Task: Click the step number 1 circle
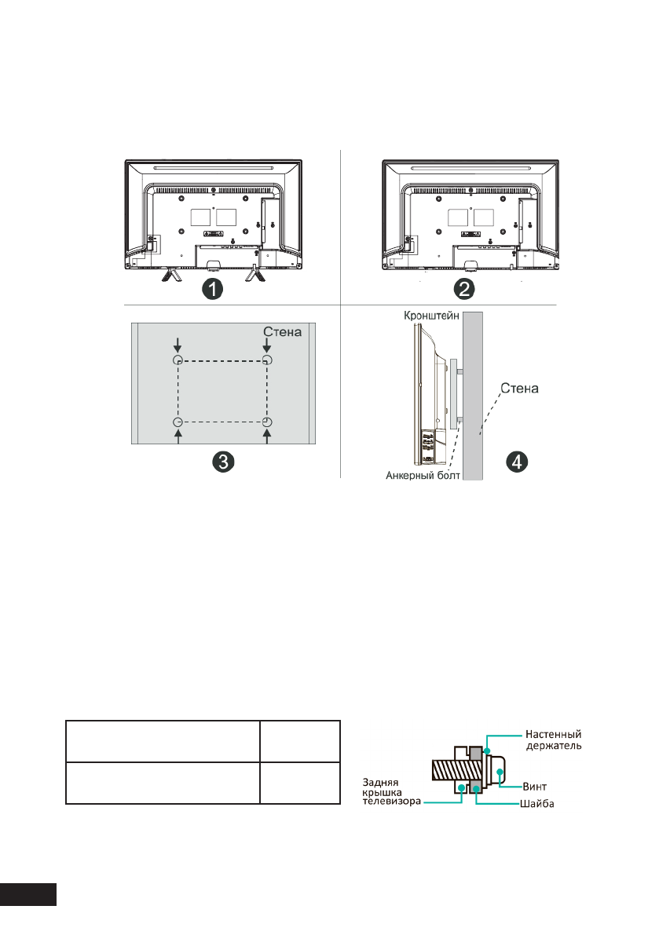(x=211, y=288)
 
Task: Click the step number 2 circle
(x=466, y=288)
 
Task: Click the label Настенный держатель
(x=553, y=740)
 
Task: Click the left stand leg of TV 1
(x=170, y=275)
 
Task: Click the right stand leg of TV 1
(x=254, y=275)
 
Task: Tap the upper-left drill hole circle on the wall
(x=178, y=360)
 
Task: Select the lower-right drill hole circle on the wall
(x=267, y=422)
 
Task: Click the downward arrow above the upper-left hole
(x=178, y=344)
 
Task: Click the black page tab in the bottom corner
(x=28, y=895)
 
